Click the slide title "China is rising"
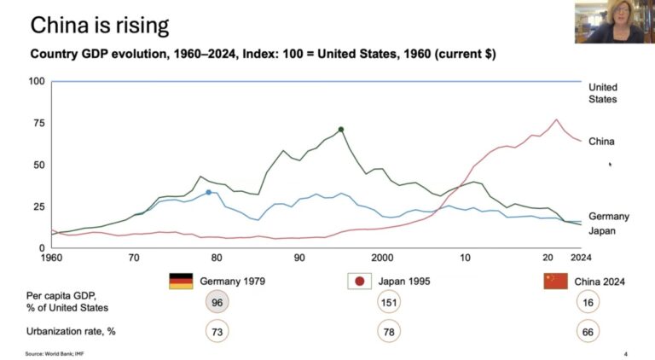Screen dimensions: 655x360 pos(100,25)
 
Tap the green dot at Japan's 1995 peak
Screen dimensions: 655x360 pos(341,130)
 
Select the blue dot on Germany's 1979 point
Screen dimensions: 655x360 pos(209,192)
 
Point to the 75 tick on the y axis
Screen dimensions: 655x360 pos(39,123)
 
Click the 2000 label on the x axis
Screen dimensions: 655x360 pos(382,258)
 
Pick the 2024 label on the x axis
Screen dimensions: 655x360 pos(581,258)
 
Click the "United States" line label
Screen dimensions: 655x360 pos(603,93)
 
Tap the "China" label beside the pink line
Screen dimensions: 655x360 pos(601,142)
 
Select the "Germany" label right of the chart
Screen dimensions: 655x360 pos(609,217)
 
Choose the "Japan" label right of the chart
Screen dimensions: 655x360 pos(602,231)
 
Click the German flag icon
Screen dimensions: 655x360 pos(181,281)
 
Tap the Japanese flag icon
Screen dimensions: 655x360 pos(359,281)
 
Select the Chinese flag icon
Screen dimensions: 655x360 pos(555,281)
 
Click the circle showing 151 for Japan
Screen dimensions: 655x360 pos(389,302)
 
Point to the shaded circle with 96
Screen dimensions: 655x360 pos(217,302)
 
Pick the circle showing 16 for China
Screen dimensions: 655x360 pos(588,302)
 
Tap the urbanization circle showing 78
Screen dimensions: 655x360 pos(389,332)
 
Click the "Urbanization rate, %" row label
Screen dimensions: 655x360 pos(71,332)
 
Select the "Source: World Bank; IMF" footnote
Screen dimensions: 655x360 pos(55,354)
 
